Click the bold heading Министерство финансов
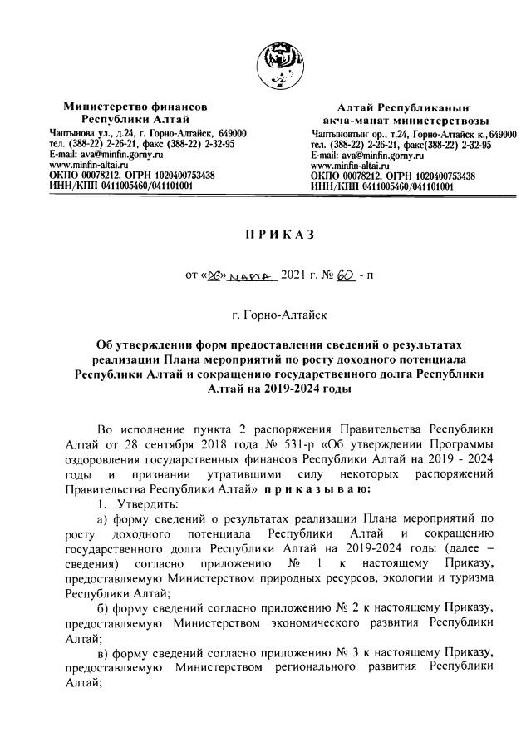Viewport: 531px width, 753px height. pyautogui.click(x=135, y=107)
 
